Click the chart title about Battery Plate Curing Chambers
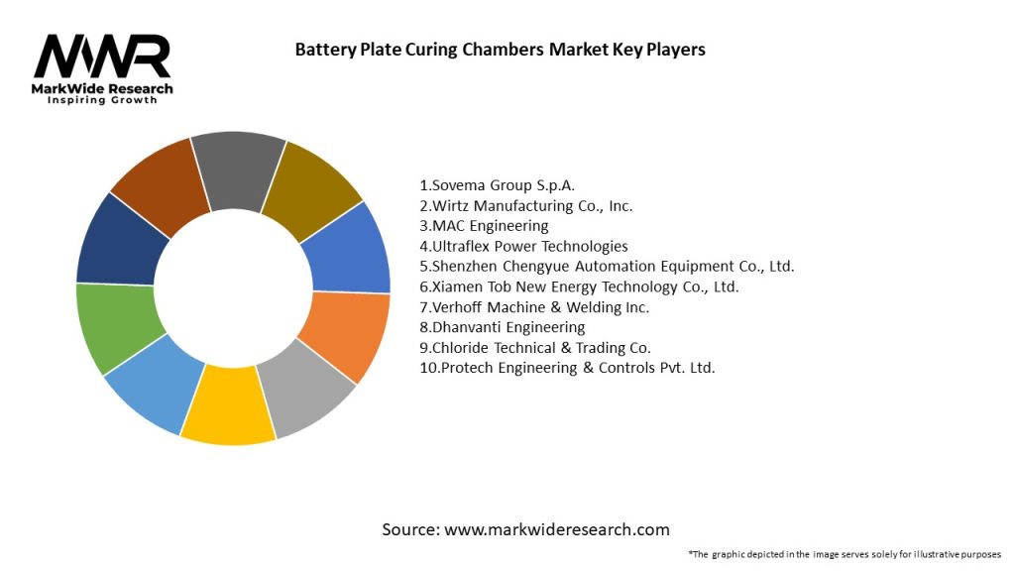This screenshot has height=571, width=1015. [500, 50]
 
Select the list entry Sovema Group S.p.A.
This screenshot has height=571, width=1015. [497, 185]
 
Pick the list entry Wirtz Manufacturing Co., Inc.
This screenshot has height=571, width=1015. [525, 206]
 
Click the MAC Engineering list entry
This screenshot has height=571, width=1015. [484, 226]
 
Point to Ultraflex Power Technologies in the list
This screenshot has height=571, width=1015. [523, 246]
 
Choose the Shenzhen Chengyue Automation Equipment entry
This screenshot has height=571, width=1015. [607, 267]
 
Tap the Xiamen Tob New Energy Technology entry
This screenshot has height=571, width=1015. [579, 286]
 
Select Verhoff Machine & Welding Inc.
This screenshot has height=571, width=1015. [534, 307]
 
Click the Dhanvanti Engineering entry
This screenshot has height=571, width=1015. [503, 327]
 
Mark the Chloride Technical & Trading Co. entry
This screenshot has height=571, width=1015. [535, 347]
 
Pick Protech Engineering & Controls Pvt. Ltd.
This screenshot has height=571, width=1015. [567, 368]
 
